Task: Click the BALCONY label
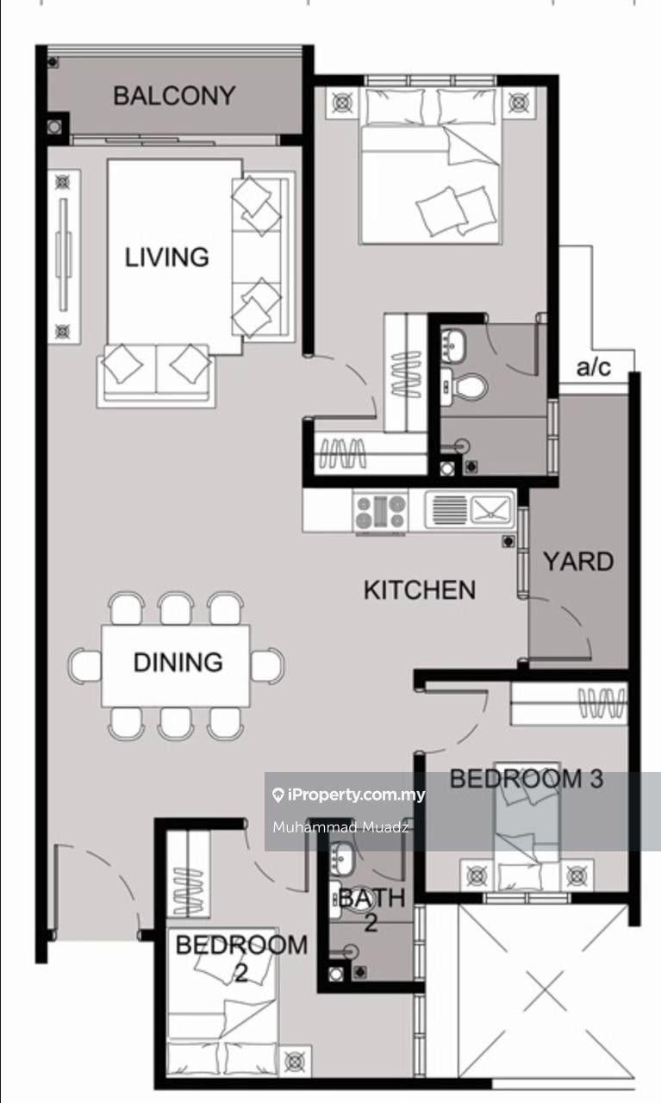point(174,96)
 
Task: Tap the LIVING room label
point(167,257)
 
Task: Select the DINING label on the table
point(178,663)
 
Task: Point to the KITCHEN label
point(420,590)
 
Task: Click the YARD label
point(578,561)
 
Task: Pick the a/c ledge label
point(594,367)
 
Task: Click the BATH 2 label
point(372,910)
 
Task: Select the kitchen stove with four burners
point(381,512)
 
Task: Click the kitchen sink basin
point(490,509)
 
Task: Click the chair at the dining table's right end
point(267,665)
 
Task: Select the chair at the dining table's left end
point(84,665)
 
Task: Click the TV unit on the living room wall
point(64,257)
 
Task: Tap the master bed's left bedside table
point(342,103)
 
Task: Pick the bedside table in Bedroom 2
point(295,1060)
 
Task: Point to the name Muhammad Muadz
point(341,826)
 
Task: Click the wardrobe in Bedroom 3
point(570,703)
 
